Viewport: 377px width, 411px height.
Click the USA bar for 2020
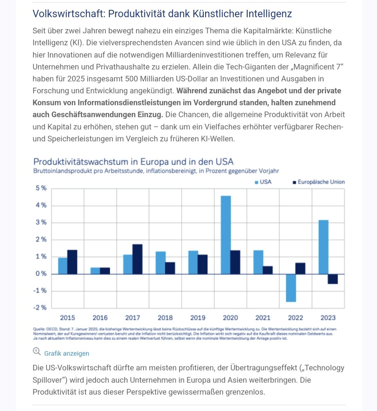226,235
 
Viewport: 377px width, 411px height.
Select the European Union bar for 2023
333,279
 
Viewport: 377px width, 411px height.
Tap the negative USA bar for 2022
291,288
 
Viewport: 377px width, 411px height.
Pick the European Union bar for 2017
138,259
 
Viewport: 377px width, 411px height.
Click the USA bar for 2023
324,247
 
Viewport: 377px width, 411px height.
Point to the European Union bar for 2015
73,262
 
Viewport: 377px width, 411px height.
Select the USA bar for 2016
95,271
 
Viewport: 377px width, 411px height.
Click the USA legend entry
263,182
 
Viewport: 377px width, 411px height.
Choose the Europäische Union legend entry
319,182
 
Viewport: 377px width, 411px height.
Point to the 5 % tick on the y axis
41,188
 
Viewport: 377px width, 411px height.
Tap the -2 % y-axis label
40,307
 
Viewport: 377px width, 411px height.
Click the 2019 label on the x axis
198,318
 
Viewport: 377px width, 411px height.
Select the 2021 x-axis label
263,318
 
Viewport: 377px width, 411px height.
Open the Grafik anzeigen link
67,354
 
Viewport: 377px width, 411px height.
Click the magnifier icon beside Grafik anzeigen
37,351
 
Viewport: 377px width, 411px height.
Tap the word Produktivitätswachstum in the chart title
81,162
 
